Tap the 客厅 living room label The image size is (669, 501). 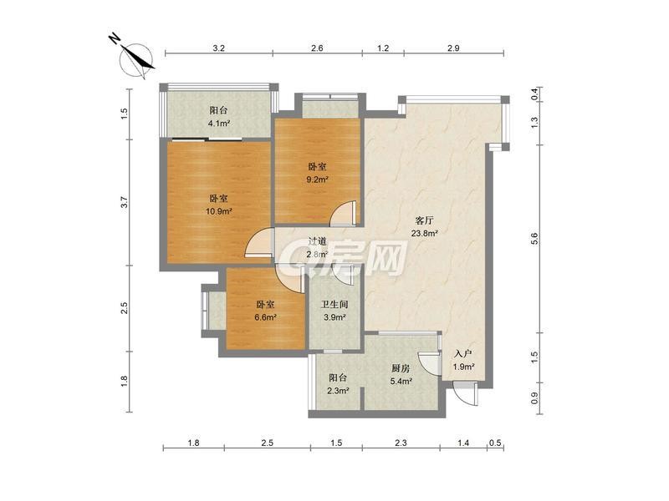(425, 220)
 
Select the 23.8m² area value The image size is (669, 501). (425, 234)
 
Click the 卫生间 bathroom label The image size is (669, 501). (334, 305)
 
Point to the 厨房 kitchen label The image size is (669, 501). (401, 368)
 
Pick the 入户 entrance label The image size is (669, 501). (463, 354)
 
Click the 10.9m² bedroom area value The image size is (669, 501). (218, 211)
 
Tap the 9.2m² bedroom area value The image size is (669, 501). (318, 180)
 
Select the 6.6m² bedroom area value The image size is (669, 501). (265, 317)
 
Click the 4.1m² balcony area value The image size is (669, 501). (218, 124)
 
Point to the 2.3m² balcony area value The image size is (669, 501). (339, 390)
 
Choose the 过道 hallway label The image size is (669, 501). (318, 241)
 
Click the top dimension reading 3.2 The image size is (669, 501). (219, 48)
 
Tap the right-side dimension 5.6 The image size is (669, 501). (535, 239)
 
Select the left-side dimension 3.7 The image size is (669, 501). (124, 202)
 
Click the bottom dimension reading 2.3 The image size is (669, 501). (401, 443)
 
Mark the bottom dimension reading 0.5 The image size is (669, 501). (495, 443)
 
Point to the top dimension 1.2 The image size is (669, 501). (383, 48)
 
